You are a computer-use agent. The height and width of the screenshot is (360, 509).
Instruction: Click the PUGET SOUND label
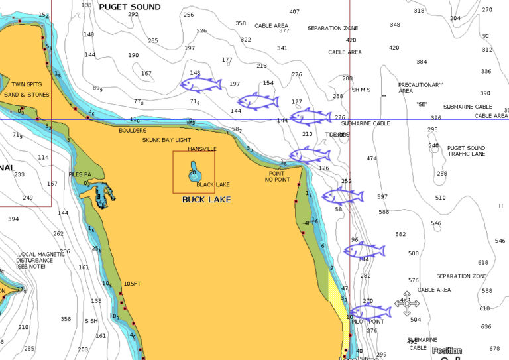[129, 7]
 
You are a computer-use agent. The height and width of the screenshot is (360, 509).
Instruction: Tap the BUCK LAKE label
[206, 199]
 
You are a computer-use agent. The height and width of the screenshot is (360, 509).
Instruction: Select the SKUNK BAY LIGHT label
[166, 140]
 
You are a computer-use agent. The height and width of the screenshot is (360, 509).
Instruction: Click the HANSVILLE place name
[202, 149]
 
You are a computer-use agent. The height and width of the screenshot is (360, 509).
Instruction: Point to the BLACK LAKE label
[213, 184]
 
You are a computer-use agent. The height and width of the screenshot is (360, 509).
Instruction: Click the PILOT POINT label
[367, 322]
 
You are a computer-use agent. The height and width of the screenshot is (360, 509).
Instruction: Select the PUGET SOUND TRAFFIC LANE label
[466, 151]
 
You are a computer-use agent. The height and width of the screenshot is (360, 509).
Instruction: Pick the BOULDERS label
[133, 131]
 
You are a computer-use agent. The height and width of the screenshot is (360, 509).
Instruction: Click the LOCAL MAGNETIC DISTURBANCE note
[35, 260]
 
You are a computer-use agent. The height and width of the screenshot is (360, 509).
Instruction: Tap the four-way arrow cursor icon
[406, 303]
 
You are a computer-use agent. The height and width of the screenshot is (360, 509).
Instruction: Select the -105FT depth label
[131, 284]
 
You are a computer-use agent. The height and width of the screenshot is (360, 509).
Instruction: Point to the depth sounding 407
[294, 11]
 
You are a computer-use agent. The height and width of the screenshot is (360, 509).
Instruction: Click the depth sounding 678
[494, 348]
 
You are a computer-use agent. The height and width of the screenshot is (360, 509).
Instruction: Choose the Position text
[447, 351]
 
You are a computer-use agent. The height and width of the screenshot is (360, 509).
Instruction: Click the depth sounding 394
[13, 219]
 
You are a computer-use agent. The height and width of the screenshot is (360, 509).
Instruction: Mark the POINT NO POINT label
[277, 176]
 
